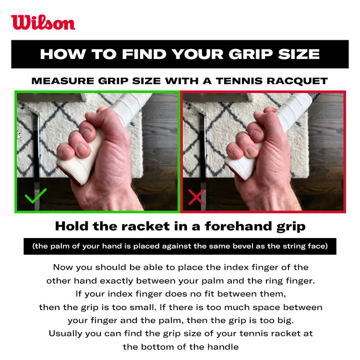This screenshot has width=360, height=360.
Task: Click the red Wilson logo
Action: (43, 23)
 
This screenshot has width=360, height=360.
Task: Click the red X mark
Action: (196, 197)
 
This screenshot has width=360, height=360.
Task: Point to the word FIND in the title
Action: (144, 54)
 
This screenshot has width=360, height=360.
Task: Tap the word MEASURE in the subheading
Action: (63, 81)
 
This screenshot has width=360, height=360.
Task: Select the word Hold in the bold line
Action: (72, 226)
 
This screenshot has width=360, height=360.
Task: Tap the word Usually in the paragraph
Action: (65, 334)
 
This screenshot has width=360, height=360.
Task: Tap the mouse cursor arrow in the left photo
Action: (19, 136)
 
